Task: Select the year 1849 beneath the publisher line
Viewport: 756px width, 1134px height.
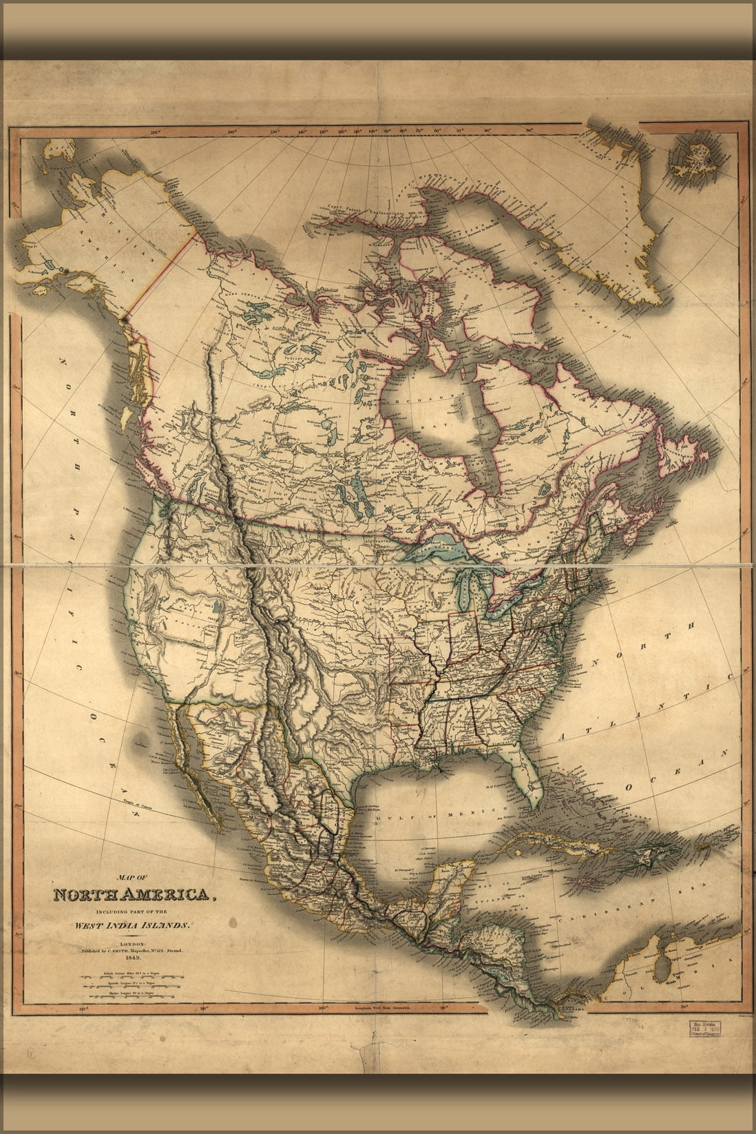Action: pos(130,958)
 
